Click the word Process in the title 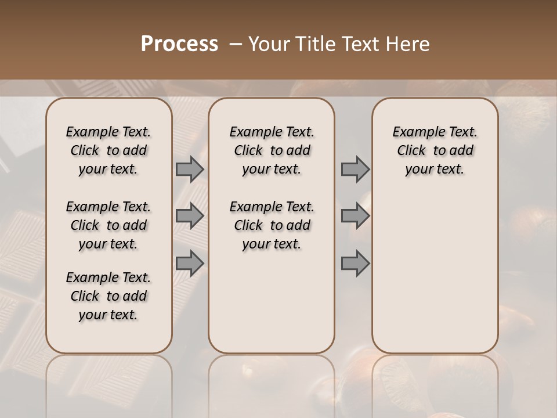coord(179,44)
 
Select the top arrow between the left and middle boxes coord(190,169)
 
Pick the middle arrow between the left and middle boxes coord(190,216)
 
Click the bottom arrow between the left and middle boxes coord(190,264)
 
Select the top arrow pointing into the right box coord(355,169)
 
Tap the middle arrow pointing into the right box coord(355,216)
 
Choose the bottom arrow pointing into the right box coord(355,264)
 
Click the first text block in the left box coord(108,150)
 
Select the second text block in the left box coord(108,225)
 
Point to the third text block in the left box coord(108,296)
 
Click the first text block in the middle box coord(272,150)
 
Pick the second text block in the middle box coord(272,225)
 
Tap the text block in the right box coord(435,150)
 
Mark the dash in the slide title coord(236,44)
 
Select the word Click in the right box coord(411,151)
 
